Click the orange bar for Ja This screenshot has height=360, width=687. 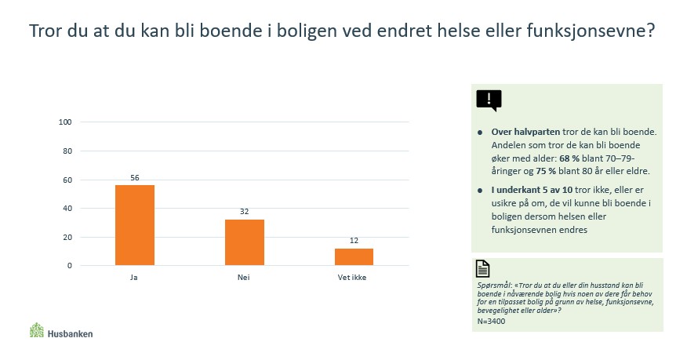134,225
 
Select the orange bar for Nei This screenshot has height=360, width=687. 244,242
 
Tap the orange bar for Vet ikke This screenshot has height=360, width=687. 354,256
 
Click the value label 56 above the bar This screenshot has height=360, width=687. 134,178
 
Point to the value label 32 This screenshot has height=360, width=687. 244,213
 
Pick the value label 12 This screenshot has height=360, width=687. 354,242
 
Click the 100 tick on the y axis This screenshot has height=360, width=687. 65,122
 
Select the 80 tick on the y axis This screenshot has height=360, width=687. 67,151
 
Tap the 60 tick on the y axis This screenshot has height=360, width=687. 67,180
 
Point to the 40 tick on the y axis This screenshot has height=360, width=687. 67,208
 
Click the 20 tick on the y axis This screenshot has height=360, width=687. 67,237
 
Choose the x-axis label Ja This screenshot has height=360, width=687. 134,278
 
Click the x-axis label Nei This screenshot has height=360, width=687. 244,278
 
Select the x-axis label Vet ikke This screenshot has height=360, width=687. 354,278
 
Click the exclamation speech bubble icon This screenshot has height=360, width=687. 489,100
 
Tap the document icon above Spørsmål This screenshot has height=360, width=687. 483,269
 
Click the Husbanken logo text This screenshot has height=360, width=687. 70,333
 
